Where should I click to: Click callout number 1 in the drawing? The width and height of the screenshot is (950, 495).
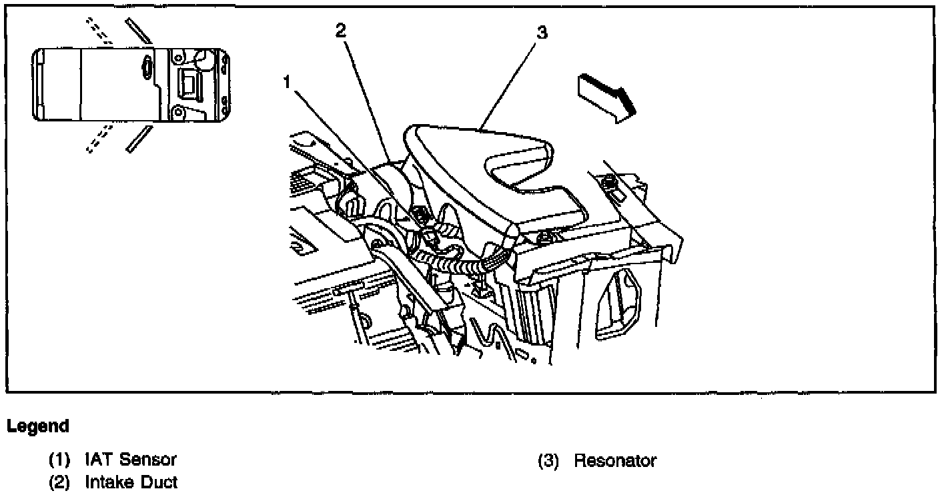click(287, 83)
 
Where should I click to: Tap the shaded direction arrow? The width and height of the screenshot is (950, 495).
click(604, 97)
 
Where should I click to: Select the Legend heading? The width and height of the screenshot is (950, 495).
click(38, 426)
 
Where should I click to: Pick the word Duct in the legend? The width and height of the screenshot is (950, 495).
click(159, 482)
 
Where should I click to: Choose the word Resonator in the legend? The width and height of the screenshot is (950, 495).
click(615, 461)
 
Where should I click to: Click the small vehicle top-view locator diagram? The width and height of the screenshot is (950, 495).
click(133, 85)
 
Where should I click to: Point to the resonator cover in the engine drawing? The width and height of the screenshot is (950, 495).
click(480, 167)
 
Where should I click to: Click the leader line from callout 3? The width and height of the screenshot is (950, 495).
click(510, 83)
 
